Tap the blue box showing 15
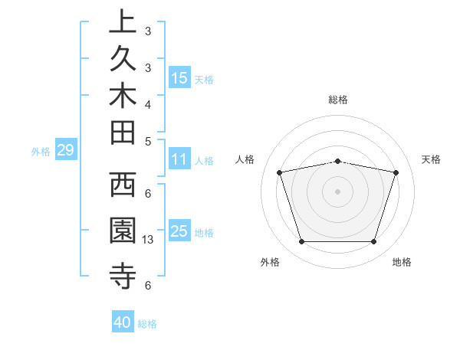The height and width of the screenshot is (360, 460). pos(179,77)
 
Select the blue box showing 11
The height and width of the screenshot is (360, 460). pos(179,160)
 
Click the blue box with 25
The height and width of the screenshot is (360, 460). pos(179,231)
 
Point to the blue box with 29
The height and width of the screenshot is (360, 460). pos(65,150)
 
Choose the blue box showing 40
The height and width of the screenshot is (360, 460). pos(123,322)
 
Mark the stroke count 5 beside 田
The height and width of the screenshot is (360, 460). pos(148,140)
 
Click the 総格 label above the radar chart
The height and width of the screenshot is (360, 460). pos(337,100)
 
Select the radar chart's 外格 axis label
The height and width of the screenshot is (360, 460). pos(270,262)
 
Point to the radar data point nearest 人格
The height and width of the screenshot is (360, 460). pos(279,172)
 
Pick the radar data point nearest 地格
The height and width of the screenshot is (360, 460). pos(373,242)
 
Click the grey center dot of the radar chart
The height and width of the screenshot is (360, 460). pos(337,191)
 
